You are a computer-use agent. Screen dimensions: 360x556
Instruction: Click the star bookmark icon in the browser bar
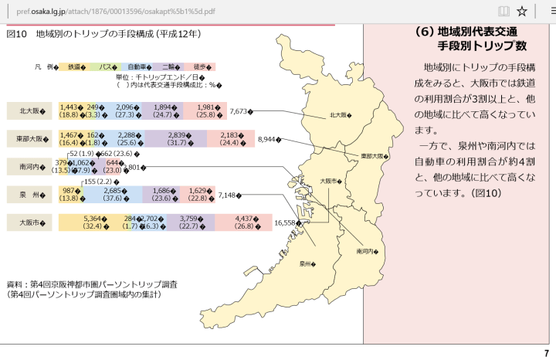coord(522,11)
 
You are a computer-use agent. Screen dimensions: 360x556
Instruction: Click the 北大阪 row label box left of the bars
coord(29,111)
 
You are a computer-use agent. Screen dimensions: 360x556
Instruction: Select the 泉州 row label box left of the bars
coord(29,195)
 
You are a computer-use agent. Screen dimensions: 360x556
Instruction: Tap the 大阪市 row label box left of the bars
coord(29,222)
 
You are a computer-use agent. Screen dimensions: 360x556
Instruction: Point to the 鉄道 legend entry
coord(75,67)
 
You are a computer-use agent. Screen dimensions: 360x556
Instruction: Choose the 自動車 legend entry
coord(138,67)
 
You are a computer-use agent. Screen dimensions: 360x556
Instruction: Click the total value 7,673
coord(240,111)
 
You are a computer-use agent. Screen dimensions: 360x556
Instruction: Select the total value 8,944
coord(269,140)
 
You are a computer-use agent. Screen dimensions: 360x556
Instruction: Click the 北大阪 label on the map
coord(340,115)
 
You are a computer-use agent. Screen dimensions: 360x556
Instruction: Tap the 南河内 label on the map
coord(365,251)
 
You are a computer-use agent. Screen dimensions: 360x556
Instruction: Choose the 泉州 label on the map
coord(308,264)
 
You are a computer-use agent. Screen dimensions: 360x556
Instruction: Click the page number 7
coord(546,353)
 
